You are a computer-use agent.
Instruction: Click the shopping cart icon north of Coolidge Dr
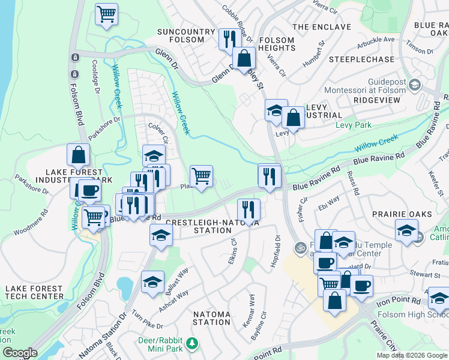pyautogui.click(x=106, y=14)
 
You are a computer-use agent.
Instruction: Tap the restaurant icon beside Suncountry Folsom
pyautogui.click(x=228, y=40)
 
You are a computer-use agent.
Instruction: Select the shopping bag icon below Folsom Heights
pyautogui.click(x=244, y=58)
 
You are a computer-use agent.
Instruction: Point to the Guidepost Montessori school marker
pyautogui.click(x=414, y=85)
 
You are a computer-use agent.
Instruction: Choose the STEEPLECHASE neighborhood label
pyautogui.click(x=360, y=60)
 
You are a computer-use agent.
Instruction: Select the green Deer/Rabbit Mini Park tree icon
pyautogui.click(x=192, y=343)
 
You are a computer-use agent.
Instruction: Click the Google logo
pyautogui.click(x=20, y=353)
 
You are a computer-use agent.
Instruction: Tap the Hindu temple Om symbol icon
pyautogui.click(x=300, y=247)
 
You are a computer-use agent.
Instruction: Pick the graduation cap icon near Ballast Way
pyautogui.click(x=152, y=281)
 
